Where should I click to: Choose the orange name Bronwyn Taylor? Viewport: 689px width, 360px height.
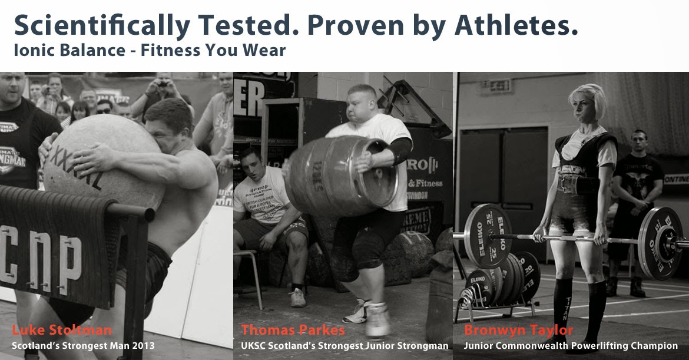pyautogui.click(x=518, y=331)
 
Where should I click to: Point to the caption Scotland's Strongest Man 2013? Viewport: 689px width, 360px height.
pyautogui.click(x=83, y=346)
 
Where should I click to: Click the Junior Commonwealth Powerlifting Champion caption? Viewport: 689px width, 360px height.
pyautogui.click(x=571, y=346)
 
